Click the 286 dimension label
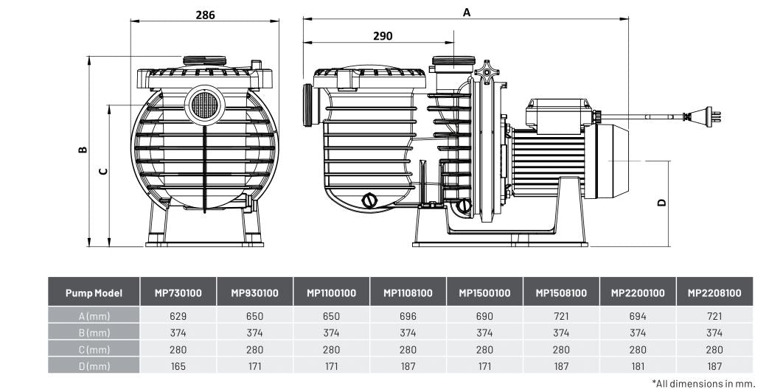pos(205,15)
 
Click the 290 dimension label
pos(383,35)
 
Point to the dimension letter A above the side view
pos(466,12)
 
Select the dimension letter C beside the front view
pos(104,171)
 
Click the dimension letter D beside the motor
pos(661,202)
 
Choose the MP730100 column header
pos(178,293)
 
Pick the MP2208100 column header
pos(714,293)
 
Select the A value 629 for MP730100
pos(178,315)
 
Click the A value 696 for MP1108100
pos(408,315)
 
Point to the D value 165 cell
pos(178,365)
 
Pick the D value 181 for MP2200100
pos(638,365)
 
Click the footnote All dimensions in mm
pos(703,383)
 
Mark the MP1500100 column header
pos(484,293)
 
